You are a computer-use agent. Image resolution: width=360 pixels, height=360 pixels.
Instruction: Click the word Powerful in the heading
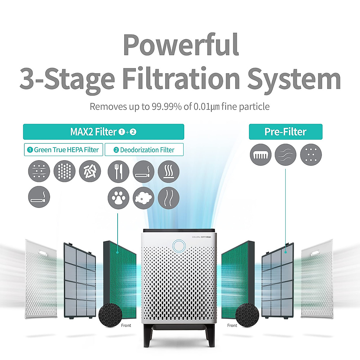tap(181, 45)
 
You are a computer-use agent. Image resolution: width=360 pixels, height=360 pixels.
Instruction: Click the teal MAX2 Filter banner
tap(103, 132)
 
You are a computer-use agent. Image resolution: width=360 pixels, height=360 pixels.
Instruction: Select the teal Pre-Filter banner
tap(286, 132)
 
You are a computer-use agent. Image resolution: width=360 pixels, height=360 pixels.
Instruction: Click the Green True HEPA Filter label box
tap(63, 150)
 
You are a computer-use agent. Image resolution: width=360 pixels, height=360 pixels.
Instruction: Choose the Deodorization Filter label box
tap(144, 150)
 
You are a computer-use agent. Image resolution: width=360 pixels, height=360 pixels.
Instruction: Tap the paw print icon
tap(118, 198)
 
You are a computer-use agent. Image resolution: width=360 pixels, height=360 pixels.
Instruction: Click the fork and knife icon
tap(118, 172)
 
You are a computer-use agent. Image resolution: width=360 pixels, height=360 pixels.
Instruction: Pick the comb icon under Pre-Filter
tap(260, 155)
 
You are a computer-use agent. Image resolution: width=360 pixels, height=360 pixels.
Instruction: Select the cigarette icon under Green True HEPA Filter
tap(39, 197)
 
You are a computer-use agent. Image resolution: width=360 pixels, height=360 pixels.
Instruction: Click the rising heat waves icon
tap(168, 172)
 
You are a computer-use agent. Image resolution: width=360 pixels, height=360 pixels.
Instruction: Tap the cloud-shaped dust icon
tap(143, 198)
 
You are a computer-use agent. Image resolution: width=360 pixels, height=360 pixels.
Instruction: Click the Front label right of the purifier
tap(232, 325)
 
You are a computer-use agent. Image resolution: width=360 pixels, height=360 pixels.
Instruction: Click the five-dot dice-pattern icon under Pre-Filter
tap(311, 155)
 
